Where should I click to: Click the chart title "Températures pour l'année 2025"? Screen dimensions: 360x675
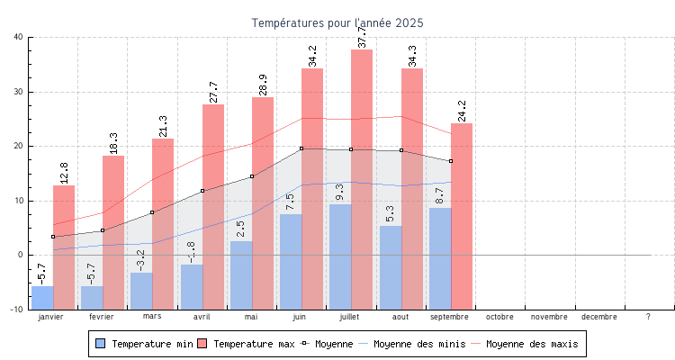tap(337, 22)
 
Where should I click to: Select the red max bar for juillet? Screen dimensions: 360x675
tap(362, 180)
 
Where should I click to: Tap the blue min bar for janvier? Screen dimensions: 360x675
tap(42, 297)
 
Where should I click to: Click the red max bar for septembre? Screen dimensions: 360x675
tap(462, 216)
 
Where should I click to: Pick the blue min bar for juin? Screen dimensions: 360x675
tap(291, 261)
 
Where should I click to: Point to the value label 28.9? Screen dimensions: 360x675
tap(264, 85)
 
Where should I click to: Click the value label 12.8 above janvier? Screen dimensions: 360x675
tap(64, 173)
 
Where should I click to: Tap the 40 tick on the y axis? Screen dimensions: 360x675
tap(19, 37)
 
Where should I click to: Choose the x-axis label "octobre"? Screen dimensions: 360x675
tap(499, 317)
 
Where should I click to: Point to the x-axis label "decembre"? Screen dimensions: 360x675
tap(599, 317)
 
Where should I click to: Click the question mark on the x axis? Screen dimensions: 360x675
tap(648, 317)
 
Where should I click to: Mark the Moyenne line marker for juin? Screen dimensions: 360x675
tap(301, 148)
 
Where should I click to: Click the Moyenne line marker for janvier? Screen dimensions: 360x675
tap(53, 237)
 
